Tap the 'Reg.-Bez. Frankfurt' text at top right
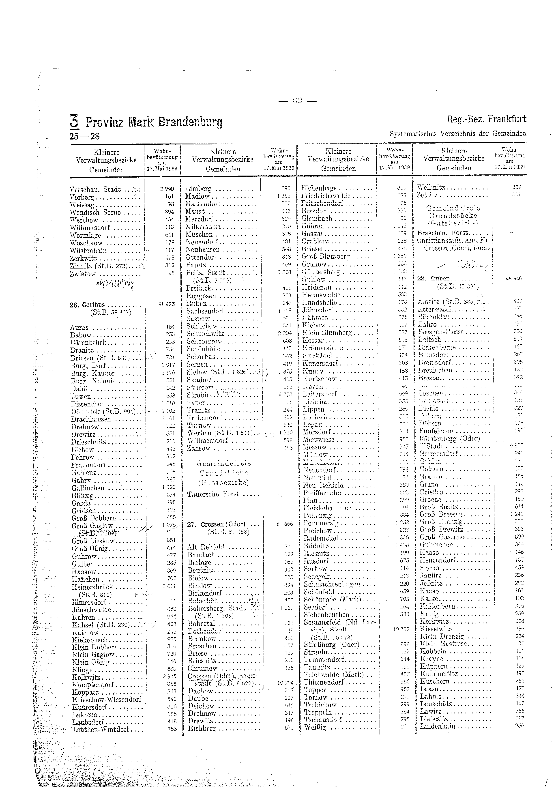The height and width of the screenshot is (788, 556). pyautogui.click(x=486, y=119)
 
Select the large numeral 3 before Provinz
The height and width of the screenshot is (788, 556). pyautogui.click(x=74, y=121)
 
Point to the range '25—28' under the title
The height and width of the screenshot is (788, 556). pyautogui.click(x=84, y=136)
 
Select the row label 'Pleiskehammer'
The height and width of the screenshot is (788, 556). pyautogui.click(x=327, y=508)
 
